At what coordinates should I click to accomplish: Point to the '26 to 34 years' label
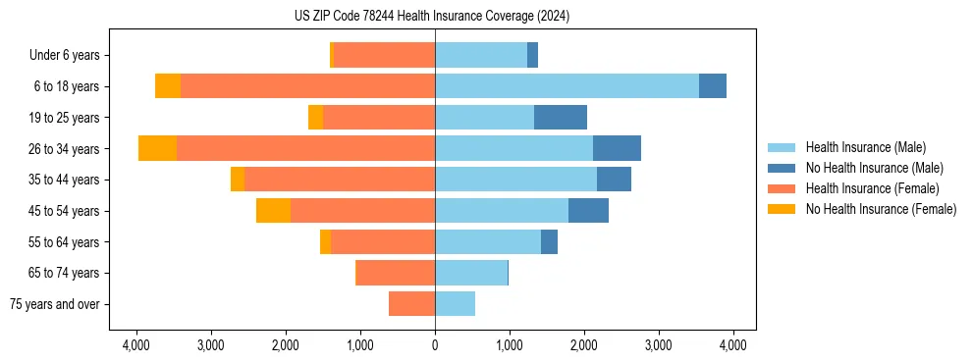click(x=64, y=149)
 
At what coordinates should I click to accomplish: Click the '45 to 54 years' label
click(x=64, y=211)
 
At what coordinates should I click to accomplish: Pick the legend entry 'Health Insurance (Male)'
click(x=865, y=147)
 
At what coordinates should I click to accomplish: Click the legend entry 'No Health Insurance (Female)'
click(x=881, y=209)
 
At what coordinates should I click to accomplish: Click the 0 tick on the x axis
click(x=435, y=344)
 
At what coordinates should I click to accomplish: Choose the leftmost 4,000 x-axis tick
click(x=136, y=344)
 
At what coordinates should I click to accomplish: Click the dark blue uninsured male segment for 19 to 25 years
click(x=561, y=118)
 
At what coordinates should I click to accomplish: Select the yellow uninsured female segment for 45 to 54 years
click(x=273, y=211)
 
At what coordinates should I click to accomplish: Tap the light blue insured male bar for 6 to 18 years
click(x=567, y=86)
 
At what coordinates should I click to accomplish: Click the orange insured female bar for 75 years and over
click(x=411, y=304)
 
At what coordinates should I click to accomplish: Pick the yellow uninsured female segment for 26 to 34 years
click(x=157, y=148)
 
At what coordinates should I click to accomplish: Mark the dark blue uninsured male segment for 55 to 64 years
click(x=549, y=242)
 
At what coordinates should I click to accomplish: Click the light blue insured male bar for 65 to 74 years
click(x=471, y=273)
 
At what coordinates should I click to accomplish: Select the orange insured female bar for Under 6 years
click(x=384, y=55)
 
